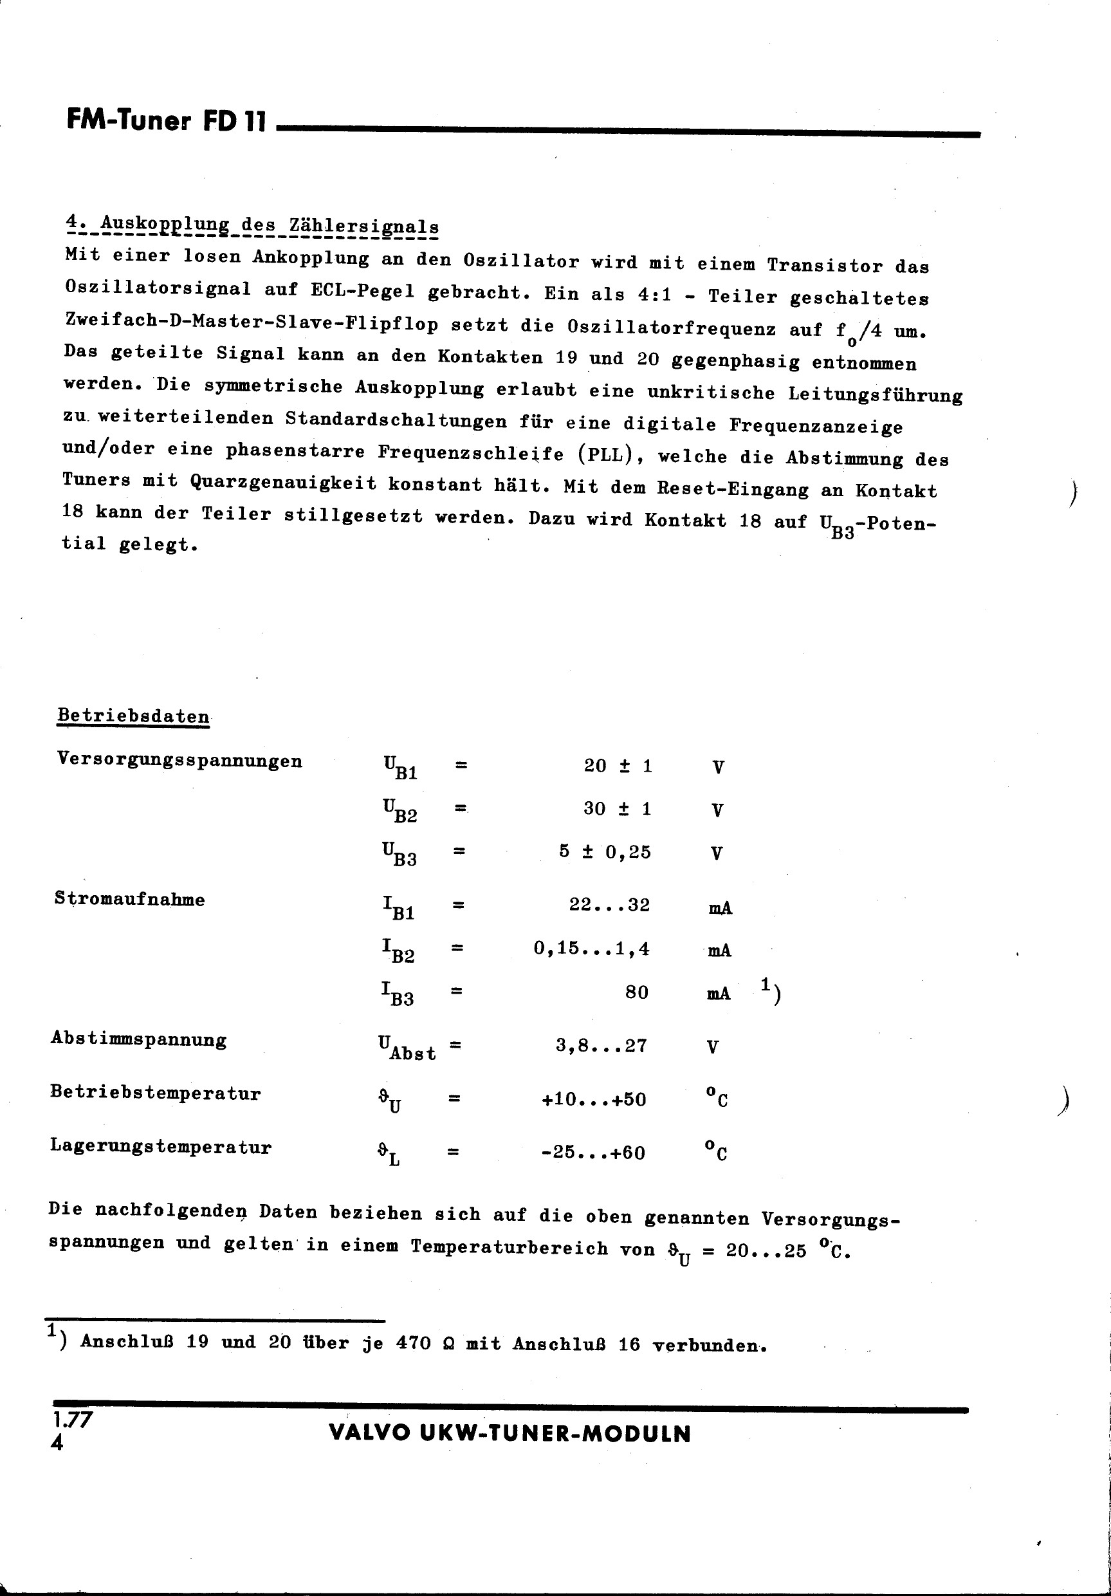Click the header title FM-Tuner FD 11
pos(166,121)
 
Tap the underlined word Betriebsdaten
pos(133,716)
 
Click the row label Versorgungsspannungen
pos(179,760)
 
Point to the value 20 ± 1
pos(618,766)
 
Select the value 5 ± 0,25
pos(605,852)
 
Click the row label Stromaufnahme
pos(130,900)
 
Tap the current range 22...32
pos(609,905)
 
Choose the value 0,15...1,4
pos(591,949)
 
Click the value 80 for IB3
pos(636,992)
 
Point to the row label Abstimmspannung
pos(138,1041)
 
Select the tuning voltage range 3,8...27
pos(601,1046)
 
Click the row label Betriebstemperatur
pos(155,1093)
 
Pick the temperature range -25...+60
pos(593,1153)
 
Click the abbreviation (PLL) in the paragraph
pos(609,454)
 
